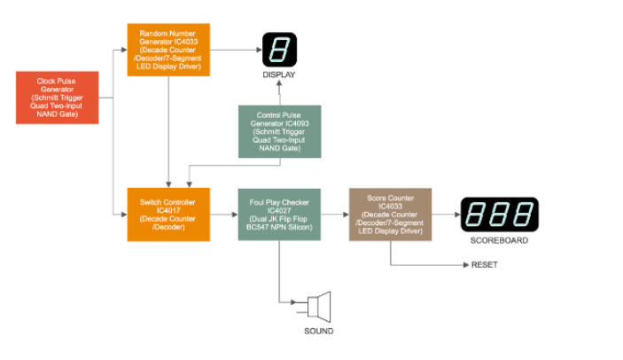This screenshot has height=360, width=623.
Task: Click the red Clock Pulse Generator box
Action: [x=57, y=98]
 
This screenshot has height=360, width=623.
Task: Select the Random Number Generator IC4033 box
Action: [x=168, y=50]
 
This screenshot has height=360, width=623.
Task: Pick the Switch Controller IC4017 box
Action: [x=168, y=214]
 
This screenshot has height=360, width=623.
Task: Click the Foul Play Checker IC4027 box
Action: [x=279, y=214]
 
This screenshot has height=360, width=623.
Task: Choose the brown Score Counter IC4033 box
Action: [x=390, y=214]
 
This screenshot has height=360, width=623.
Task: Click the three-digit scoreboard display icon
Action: [x=499, y=214]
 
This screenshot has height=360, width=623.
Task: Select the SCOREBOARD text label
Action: [x=499, y=240]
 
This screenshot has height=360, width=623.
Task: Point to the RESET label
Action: [x=484, y=264]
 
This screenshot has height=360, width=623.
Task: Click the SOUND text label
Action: [x=319, y=331]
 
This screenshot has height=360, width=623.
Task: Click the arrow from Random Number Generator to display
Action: [x=235, y=50]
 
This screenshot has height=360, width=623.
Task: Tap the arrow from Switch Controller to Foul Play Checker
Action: [x=223, y=214]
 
